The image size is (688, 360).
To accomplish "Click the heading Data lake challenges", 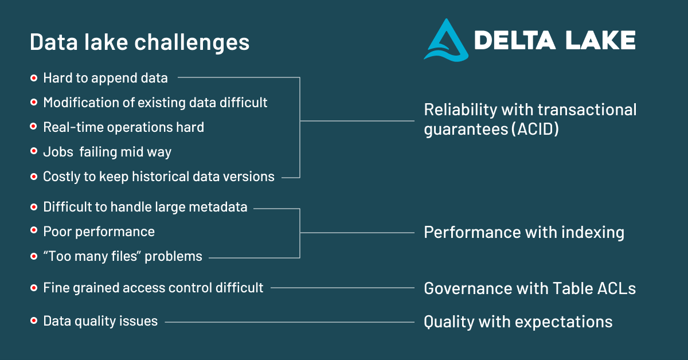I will click(139, 42).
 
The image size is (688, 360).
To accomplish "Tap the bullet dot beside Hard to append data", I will click(34, 77).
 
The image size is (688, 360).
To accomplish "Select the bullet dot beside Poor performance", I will click(34, 231).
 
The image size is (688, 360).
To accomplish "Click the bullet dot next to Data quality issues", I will click(34, 321).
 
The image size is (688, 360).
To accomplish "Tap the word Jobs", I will click(58, 152).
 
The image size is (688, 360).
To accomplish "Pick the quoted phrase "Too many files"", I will click(92, 256).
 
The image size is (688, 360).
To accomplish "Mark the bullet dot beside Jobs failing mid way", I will click(34, 152).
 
